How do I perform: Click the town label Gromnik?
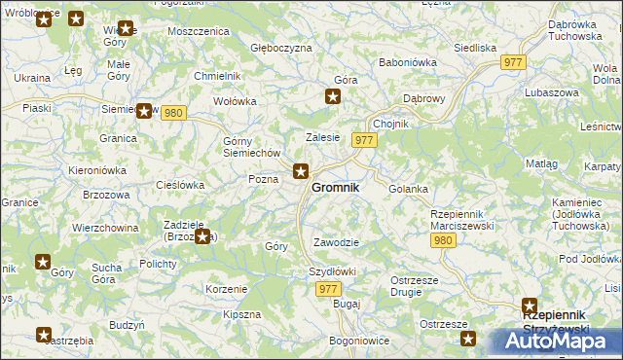[335, 187]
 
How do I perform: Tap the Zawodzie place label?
[337, 242]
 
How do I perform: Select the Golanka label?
[409, 189]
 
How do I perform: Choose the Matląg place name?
[542, 164]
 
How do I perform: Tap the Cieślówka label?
[180, 184]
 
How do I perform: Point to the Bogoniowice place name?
[359, 341]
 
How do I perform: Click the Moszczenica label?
[198, 31]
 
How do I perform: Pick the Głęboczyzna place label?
[281, 48]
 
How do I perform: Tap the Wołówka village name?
[235, 100]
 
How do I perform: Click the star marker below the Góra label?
[333, 96]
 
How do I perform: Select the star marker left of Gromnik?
[302, 172]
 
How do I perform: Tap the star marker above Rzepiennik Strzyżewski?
[531, 306]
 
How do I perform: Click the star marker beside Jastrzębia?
[44, 336]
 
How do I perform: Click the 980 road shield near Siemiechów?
[173, 113]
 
